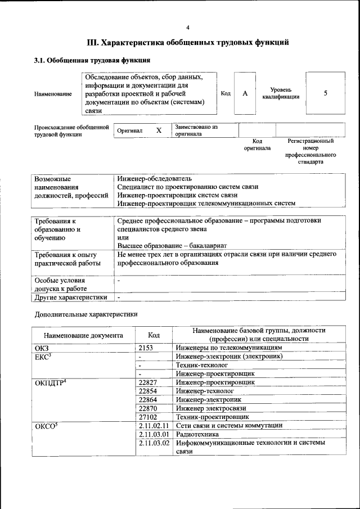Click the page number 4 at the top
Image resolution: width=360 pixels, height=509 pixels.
coord(188,28)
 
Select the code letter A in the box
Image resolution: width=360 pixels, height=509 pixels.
coord(245,93)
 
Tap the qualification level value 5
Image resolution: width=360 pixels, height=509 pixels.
coord(325,93)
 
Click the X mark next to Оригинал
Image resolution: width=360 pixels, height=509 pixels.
coord(159,130)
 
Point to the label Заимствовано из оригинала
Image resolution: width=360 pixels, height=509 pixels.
coord(196,130)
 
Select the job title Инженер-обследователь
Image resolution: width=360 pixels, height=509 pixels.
coord(155,178)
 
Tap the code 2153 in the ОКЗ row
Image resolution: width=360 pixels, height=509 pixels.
coord(146,348)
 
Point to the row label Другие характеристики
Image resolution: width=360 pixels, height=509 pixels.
coord(71,297)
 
